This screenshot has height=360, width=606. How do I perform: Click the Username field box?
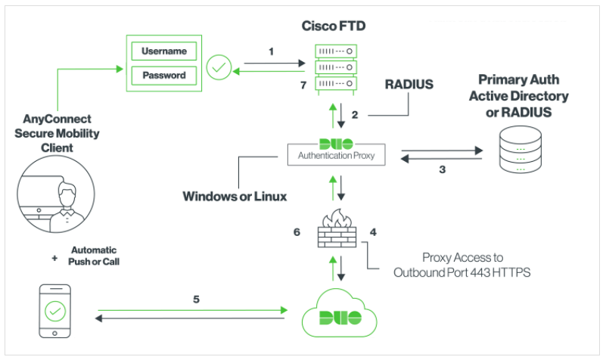click(x=164, y=51)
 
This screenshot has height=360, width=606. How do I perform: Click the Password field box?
click(x=164, y=76)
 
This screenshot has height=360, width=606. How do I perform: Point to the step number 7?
click(x=303, y=85)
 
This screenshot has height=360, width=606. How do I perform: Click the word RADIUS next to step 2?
click(x=409, y=85)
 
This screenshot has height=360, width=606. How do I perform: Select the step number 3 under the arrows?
click(x=443, y=169)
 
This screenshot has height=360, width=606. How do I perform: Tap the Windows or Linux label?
click(x=235, y=197)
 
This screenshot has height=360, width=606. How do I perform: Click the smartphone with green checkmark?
click(x=54, y=311)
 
